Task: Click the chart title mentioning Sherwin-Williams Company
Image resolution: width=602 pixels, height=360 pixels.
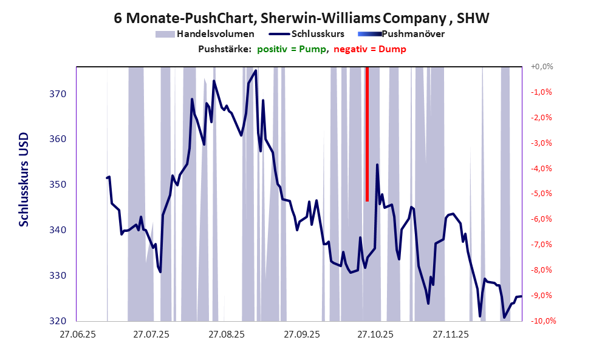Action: [x=301, y=18]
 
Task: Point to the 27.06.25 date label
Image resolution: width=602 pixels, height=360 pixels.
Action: [x=77, y=335]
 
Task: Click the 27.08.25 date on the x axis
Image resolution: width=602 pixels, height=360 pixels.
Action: [x=226, y=335]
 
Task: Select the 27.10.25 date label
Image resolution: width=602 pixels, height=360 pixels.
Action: [x=375, y=335]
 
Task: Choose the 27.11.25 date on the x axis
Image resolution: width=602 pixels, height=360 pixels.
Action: [x=450, y=335]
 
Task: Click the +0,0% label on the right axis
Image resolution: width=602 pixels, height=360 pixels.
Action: [x=542, y=67]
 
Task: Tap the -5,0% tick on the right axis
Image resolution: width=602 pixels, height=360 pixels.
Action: [x=542, y=194]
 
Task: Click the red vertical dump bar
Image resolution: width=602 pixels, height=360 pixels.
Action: [x=368, y=134]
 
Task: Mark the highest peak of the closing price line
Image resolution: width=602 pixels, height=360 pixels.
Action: [x=256, y=70]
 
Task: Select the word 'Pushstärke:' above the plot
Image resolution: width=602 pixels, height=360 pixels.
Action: [x=225, y=49]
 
